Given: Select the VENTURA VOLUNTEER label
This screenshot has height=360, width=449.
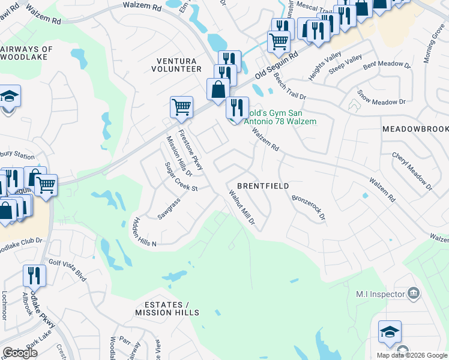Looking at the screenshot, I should coord(178,65).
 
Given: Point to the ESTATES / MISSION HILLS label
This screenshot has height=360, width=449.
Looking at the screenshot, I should coord(167,308).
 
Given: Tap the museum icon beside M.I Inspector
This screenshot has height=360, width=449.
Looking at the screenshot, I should coord(414,293).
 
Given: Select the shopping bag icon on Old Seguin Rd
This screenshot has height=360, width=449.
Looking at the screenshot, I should coord(218,89).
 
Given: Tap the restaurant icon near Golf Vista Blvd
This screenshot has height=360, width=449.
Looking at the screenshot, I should coord(34,276).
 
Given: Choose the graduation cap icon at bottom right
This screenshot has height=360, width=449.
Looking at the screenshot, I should coord(390,332).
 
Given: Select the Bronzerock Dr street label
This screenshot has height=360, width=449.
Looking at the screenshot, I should coord(308,207).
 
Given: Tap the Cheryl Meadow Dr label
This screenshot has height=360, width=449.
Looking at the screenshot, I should coord(412,170).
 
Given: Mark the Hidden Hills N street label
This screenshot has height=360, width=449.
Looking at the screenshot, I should coord(144,232).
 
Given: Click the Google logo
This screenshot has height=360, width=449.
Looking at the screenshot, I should coord(20,353).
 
